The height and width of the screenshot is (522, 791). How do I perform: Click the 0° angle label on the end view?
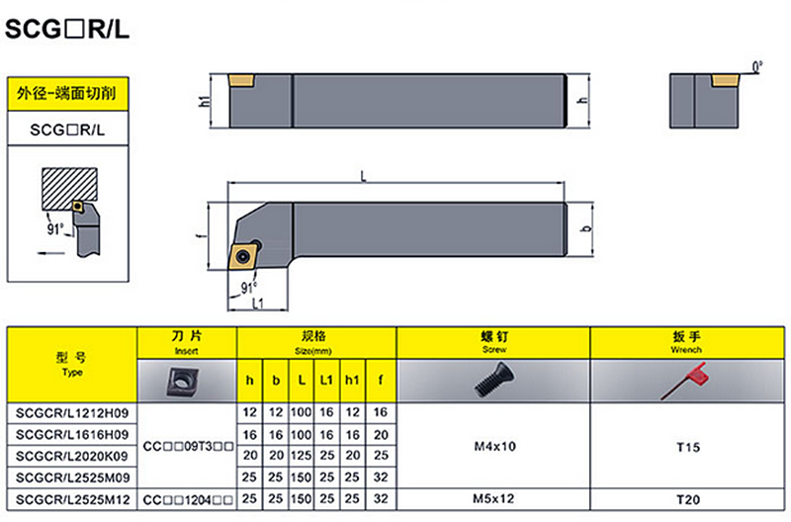click(757, 67)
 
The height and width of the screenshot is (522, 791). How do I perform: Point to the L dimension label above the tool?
click(364, 176)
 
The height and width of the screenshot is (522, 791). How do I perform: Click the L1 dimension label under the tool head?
click(257, 304)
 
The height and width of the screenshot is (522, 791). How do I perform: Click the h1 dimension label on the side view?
click(205, 100)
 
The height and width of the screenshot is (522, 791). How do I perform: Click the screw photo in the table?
click(493, 379)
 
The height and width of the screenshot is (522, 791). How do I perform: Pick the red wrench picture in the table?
click(689, 379)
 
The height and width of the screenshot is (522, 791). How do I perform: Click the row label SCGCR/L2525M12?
click(70, 501)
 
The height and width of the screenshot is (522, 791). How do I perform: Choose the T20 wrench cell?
click(688, 501)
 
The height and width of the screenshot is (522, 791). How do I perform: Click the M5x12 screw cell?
click(493, 501)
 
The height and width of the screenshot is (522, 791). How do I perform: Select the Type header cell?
click(71, 363)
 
